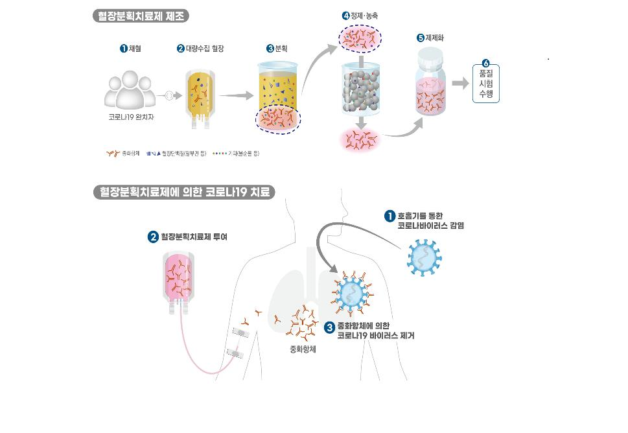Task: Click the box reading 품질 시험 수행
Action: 486,83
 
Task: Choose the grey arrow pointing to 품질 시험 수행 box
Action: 460,83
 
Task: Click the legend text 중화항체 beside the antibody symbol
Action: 131,154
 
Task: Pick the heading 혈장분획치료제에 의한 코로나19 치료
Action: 183,193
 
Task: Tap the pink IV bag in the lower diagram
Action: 180,277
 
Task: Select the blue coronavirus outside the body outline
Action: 424,257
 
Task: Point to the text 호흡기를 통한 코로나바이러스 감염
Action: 430,220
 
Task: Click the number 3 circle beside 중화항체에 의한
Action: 329,328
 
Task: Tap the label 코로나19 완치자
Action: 132,117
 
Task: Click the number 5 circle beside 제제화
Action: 420,38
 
